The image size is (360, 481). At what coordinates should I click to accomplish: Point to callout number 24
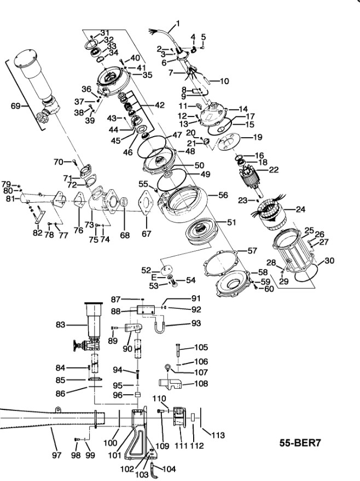click(x=300, y=209)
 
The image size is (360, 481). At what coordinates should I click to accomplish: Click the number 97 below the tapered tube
click(x=57, y=454)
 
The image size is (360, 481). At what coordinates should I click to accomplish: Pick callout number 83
click(x=60, y=325)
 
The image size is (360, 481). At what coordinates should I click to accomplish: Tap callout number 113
click(x=218, y=435)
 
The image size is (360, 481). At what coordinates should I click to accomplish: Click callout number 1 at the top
click(x=177, y=24)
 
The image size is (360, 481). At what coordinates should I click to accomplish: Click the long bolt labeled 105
click(x=178, y=350)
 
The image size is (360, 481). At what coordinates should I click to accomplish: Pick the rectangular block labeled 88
click(x=147, y=310)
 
